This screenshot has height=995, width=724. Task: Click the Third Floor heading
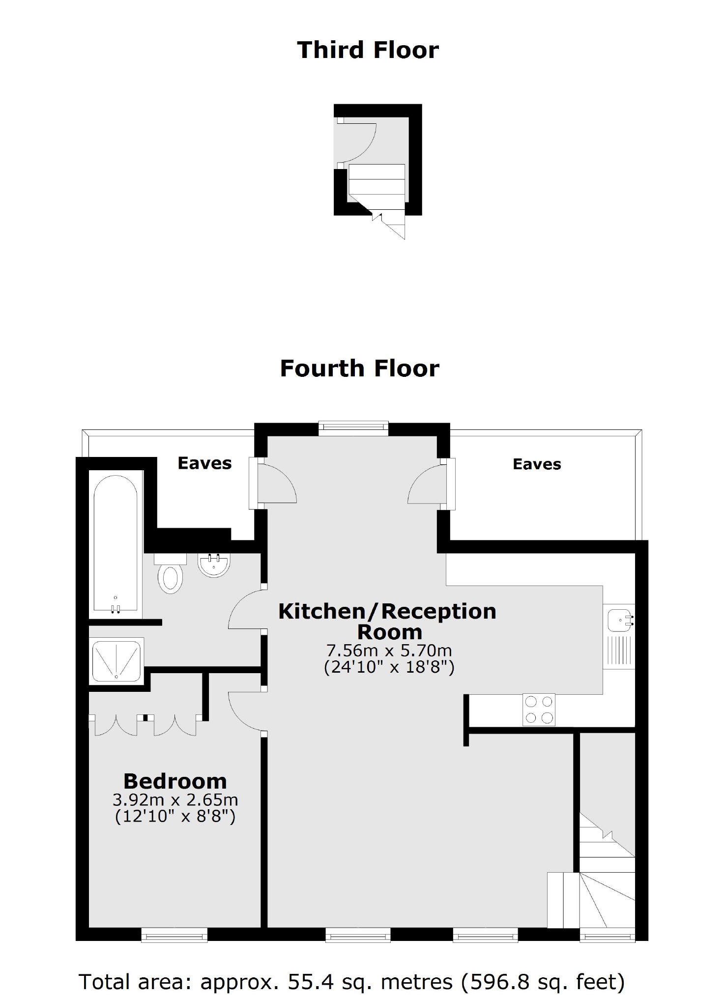tap(368, 50)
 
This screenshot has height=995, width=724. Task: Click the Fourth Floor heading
tap(359, 369)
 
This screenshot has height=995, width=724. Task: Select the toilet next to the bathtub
tap(170, 574)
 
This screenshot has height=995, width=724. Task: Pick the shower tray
tap(116, 661)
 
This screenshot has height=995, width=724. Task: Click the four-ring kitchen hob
tap(539, 710)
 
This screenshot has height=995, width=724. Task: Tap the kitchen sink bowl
tap(619, 620)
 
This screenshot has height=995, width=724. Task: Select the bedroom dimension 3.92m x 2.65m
tap(175, 800)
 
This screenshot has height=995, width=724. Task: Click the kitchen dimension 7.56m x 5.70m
tap(389, 651)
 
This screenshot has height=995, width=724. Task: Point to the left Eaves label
tap(204, 463)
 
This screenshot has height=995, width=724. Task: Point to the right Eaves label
tap(537, 464)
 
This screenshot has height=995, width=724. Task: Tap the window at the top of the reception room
tap(353, 428)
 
